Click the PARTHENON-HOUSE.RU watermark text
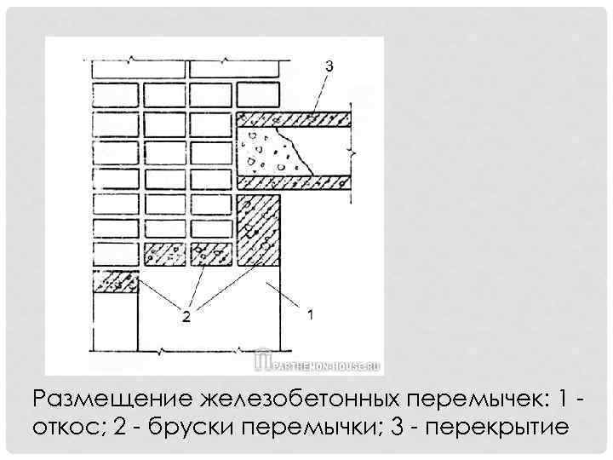tap(328, 364)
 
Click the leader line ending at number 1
tap(289, 298)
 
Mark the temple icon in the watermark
tap(264, 362)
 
